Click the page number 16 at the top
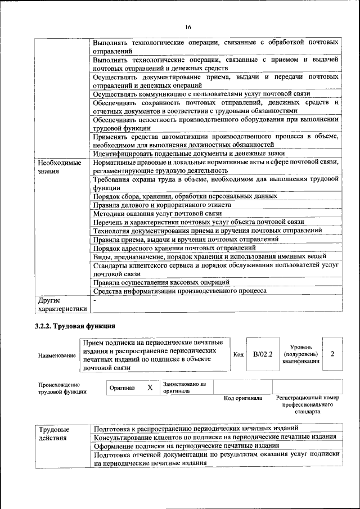coord(188,27)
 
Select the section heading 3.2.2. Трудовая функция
coord(76,326)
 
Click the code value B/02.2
coord(263,354)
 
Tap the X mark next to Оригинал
coord(150,388)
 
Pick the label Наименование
coord(57,355)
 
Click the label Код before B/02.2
coord(238,355)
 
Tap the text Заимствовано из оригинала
coord(185,388)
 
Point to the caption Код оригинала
coord(243,398)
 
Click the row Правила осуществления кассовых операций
coord(161,282)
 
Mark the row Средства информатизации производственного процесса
coord(180,291)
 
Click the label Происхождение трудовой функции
coord(62,388)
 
